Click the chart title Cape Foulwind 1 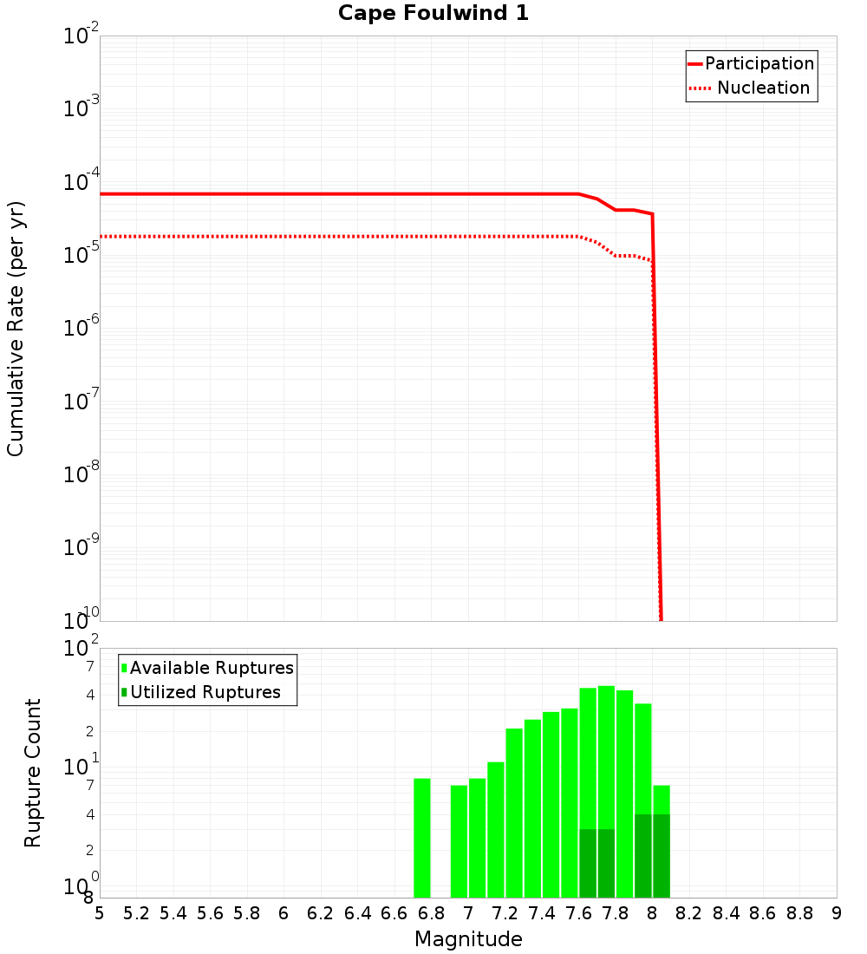coord(433,13)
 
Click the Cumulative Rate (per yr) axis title coord(16,328)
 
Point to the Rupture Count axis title coord(33,772)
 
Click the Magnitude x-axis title coord(468,939)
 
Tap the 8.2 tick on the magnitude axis coord(689,913)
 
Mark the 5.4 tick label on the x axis coord(173,913)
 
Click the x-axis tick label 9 coord(836,913)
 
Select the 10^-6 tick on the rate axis coord(81,329)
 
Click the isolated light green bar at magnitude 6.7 coord(422,837)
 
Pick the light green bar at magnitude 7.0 coord(478,837)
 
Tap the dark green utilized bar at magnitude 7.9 coord(643,855)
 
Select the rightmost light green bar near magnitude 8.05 coord(662,799)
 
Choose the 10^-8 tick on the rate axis coord(81,474)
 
